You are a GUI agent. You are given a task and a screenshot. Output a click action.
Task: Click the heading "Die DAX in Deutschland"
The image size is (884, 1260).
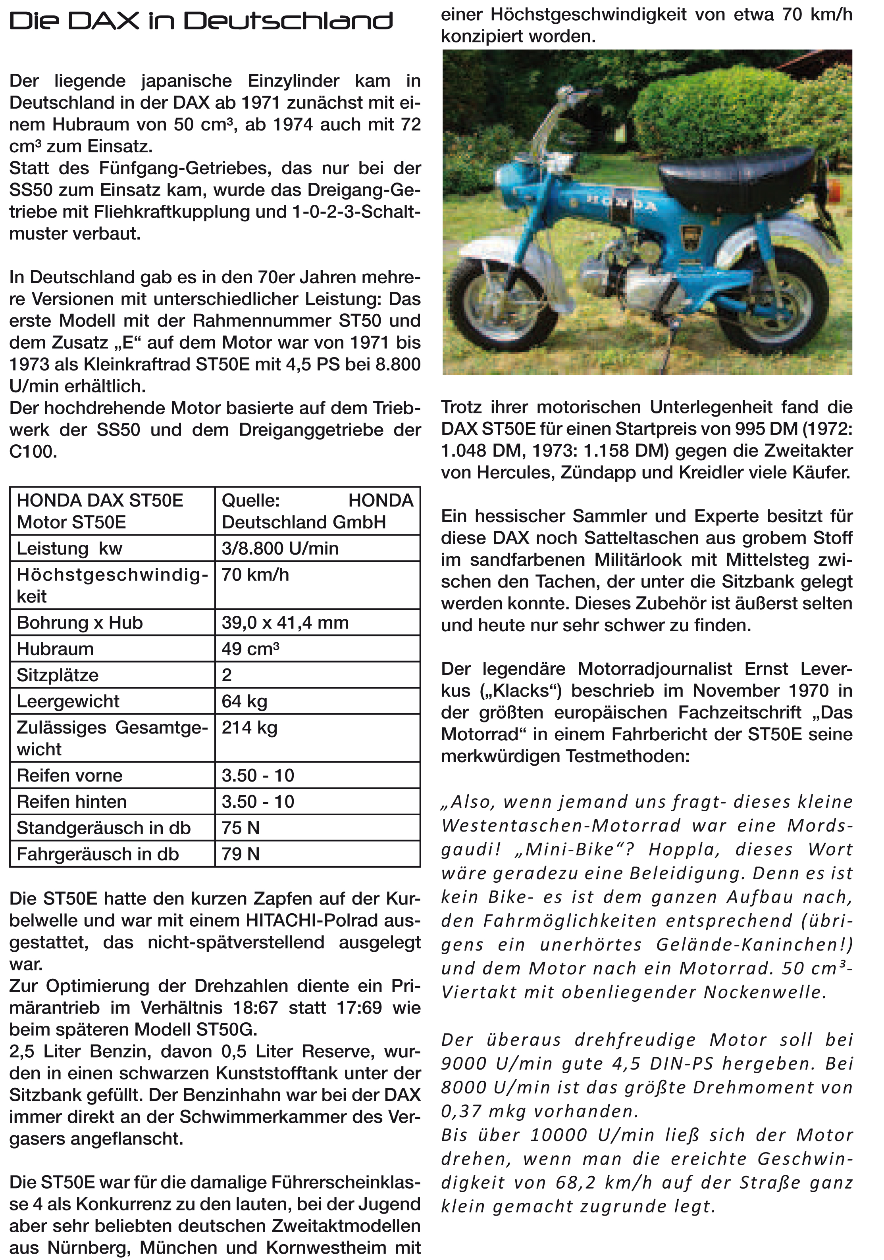point(201,21)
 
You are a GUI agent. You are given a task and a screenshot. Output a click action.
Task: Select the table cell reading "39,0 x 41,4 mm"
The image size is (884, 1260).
point(285,622)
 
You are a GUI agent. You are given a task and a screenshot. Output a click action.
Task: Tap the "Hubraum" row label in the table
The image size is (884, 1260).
point(55,649)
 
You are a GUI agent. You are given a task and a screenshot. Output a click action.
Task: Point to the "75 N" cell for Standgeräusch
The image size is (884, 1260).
point(241,828)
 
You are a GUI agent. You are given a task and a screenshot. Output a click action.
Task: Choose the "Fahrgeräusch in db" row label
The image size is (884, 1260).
point(98,854)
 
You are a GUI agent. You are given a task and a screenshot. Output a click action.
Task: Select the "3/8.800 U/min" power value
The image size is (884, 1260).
point(280,548)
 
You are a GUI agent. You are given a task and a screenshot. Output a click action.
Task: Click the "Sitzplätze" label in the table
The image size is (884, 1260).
point(58,674)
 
